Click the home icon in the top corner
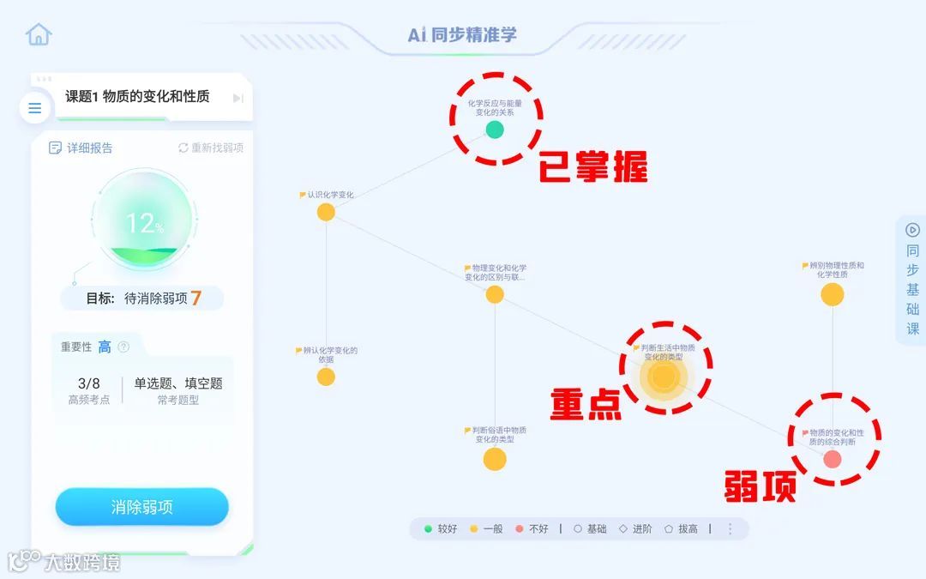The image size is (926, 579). click(x=39, y=34)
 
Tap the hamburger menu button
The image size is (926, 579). click(x=35, y=108)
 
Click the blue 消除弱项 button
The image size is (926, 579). click(x=142, y=507)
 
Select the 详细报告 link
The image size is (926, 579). click(x=81, y=148)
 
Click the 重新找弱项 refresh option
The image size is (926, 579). click(x=211, y=148)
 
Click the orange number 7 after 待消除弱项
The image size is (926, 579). click(x=196, y=299)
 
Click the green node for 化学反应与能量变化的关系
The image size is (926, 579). click(x=495, y=130)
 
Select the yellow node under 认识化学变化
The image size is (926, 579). click(x=326, y=212)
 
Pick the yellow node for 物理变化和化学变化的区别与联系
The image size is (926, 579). click(x=495, y=294)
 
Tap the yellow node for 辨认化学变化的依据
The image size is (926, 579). click(x=326, y=377)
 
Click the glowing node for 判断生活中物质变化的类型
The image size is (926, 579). click(x=664, y=377)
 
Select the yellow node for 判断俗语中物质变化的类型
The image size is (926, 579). click(x=495, y=459)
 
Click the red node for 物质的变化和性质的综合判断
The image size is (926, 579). click(x=833, y=459)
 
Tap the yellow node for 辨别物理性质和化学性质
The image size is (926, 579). click(x=833, y=294)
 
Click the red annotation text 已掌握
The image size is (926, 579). click(x=592, y=167)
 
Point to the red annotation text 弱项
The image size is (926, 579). click(x=761, y=486)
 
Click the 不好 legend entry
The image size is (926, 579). click(x=532, y=529)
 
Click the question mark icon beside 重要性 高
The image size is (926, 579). click(x=123, y=347)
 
